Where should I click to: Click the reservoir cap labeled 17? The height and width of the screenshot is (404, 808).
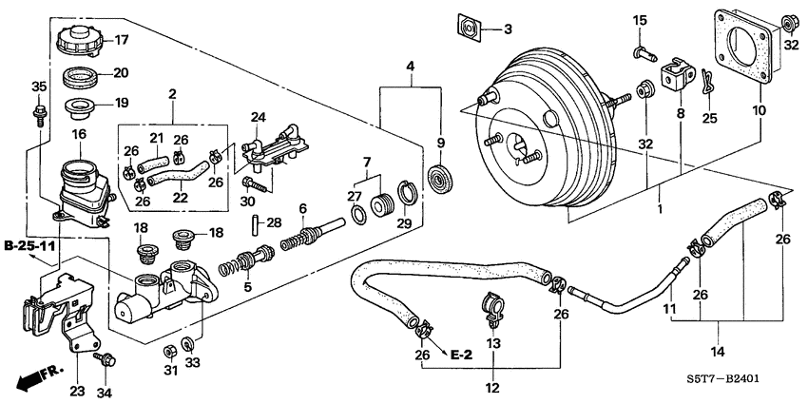point(75,41)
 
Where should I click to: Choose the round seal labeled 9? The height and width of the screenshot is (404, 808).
point(440,179)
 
